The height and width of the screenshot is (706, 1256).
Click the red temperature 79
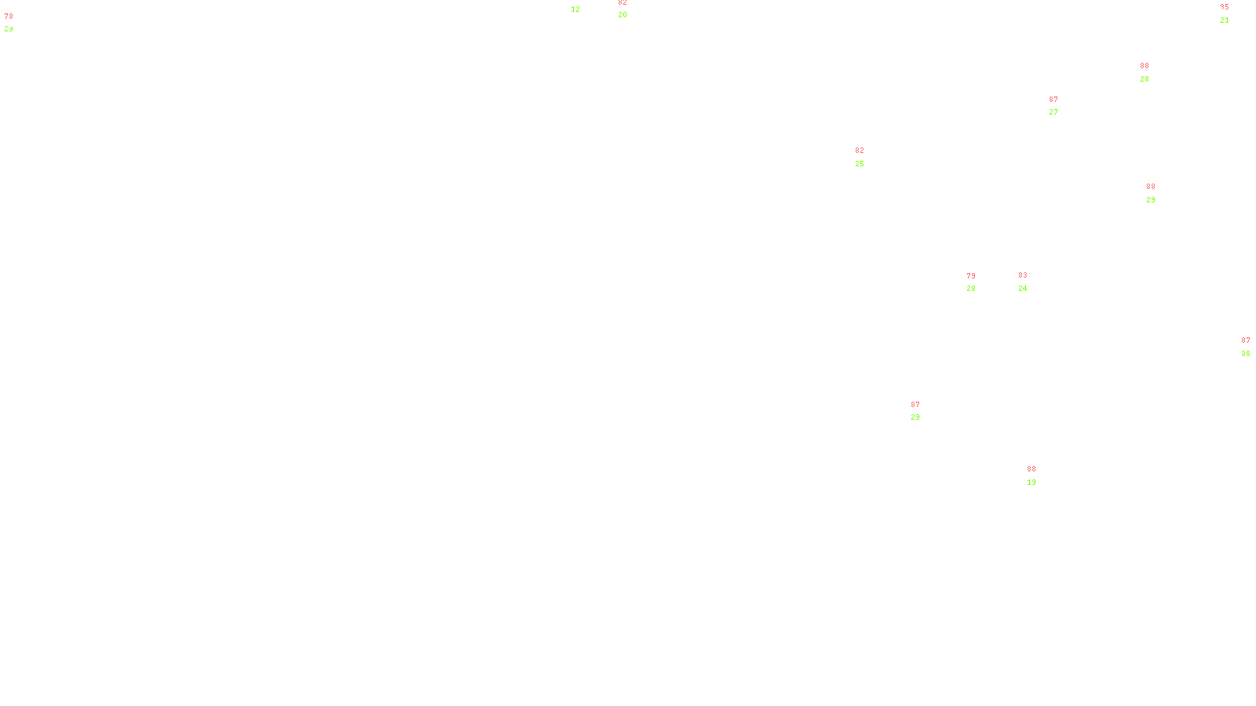click(971, 276)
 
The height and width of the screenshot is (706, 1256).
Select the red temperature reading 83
click(1023, 275)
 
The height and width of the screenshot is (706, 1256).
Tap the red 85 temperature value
click(1225, 7)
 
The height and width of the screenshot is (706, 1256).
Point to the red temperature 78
click(9, 16)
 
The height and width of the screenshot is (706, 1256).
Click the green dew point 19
click(1031, 482)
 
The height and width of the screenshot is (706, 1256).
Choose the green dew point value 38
click(1246, 354)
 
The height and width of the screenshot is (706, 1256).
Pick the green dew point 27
click(1053, 112)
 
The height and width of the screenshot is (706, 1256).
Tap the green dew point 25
click(860, 164)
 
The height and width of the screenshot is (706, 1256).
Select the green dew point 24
click(1023, 289)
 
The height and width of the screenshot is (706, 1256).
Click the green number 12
click(575, 9)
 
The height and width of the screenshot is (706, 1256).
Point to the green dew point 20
click(623, 15)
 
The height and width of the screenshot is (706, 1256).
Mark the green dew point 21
click(1225, 20)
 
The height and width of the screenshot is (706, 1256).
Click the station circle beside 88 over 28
click(1152, 72)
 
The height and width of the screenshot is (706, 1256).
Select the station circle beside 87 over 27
click(1061, 106)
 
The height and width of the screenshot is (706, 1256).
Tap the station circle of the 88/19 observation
click(1039, 475)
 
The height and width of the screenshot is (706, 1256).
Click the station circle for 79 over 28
click(978, 282)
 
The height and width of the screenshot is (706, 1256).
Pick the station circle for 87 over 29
click(923, 411)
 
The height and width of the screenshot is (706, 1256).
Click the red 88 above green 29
click(1151, 187)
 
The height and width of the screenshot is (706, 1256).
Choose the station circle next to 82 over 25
click(867, 157)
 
